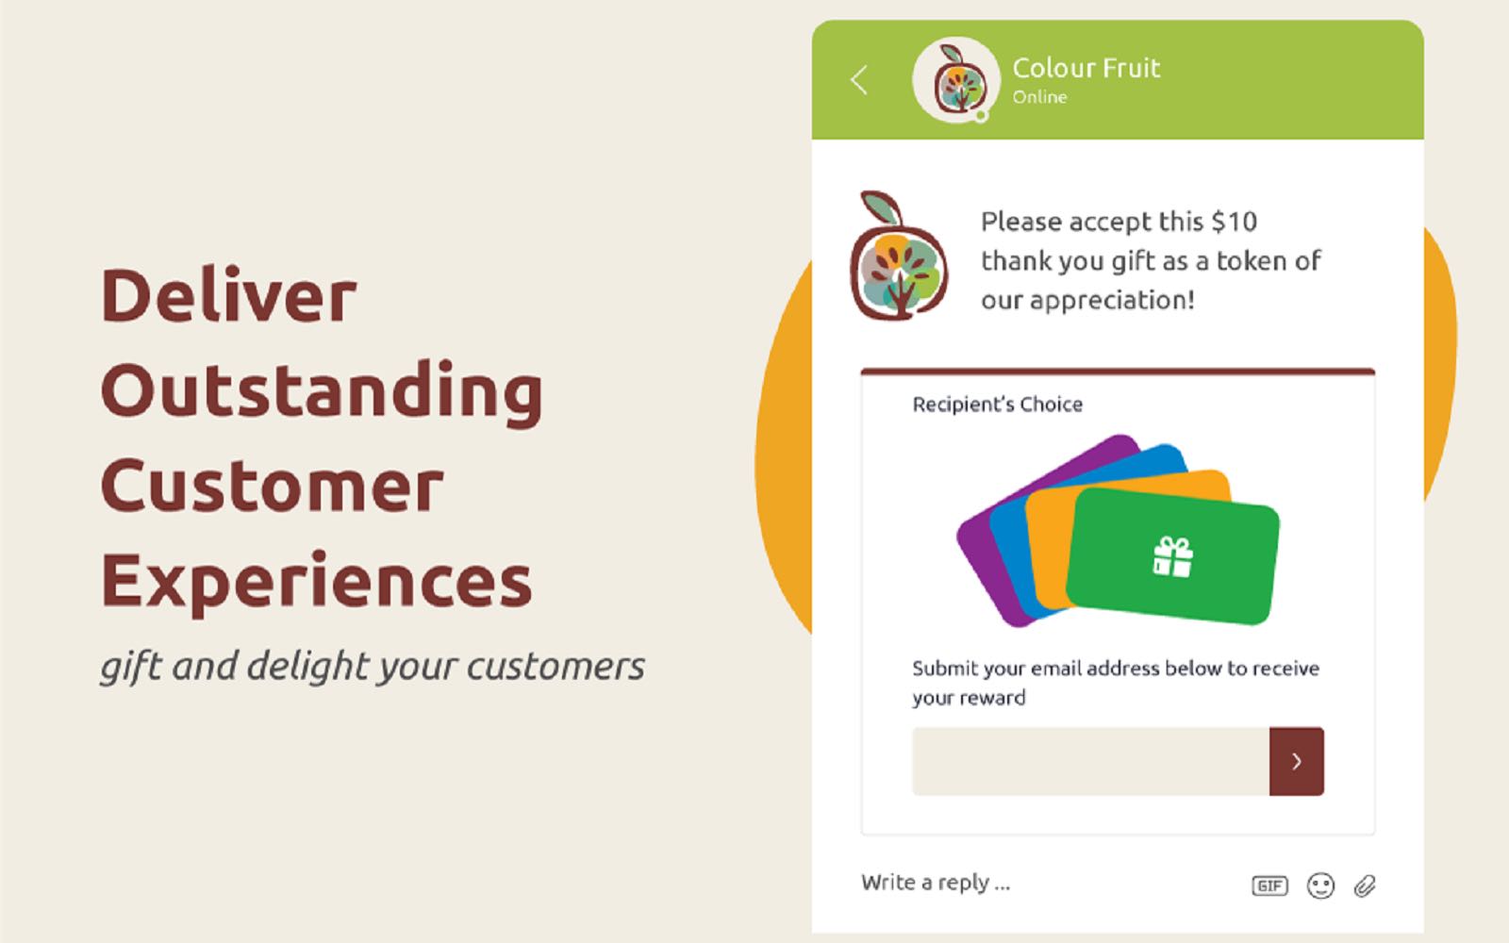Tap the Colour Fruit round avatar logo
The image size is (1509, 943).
click(955, 79)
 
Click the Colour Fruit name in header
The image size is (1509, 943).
click(1086, 67)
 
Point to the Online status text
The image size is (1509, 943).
click(1039, 97)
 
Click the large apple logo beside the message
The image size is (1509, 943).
click(899, 256)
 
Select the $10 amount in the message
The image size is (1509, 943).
click(1235, 222)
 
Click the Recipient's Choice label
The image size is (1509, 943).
click(997, 405)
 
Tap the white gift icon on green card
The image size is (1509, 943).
click(1173, 557)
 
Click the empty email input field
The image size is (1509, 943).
click(1090, 761)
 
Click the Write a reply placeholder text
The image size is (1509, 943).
click(936, 883)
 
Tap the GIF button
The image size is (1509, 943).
click(1269, 885)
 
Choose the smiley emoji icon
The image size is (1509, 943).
click(1320, 885)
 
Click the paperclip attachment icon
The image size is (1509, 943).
click(1365, 885)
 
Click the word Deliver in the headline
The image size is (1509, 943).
click(228, 294)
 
